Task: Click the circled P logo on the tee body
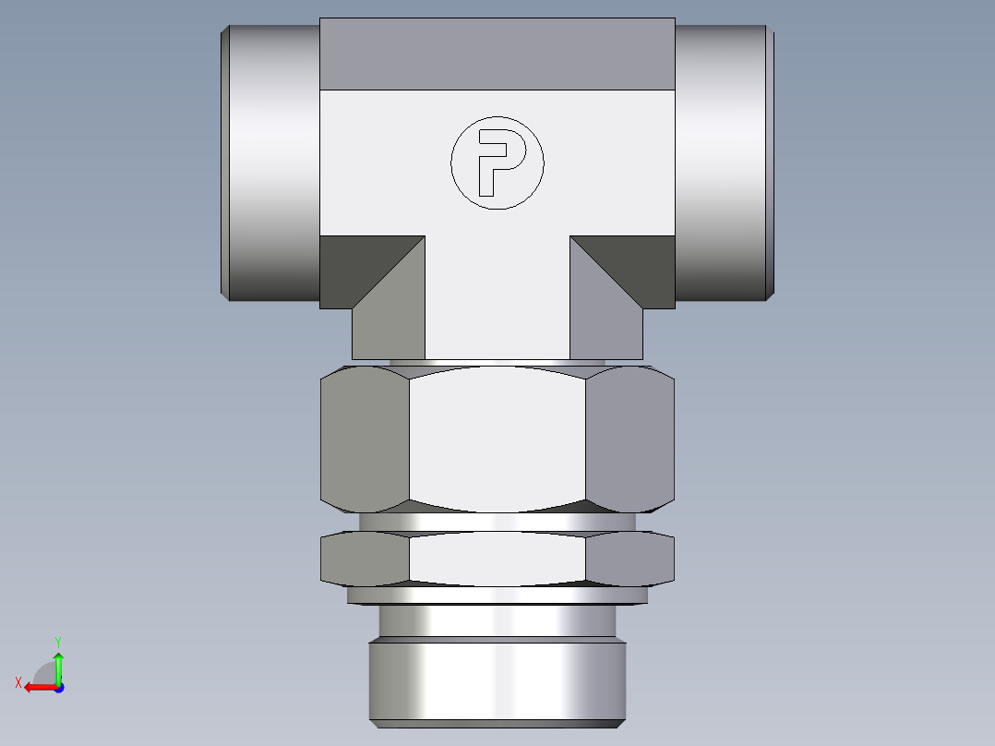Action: [x=497, y=162]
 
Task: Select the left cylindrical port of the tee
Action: [x=272, y=162]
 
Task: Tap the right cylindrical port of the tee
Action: [x=723, y=162]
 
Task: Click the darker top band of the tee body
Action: [x=497, y=54]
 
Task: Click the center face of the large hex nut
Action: [x=497, y=439]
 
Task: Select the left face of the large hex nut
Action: [x=364, y=439]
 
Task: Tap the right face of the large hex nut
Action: [x=629, y=439]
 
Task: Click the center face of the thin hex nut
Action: [x=497, y=559]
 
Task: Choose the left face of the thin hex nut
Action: [x=364, y=559]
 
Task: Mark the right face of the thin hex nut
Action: [x=629, y=559]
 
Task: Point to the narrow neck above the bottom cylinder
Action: [x=497, y=620]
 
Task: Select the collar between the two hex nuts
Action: [x=497, y=522]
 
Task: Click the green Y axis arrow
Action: [x=58, y=663]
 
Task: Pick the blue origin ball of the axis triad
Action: [x=58, y=687]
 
